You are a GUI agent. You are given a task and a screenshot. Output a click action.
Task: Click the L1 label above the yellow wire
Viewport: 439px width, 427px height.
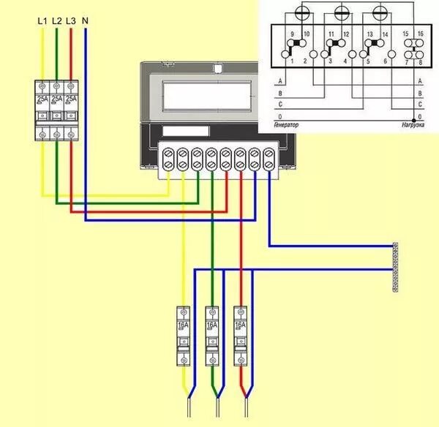pyautogui.click(x=42, y=21)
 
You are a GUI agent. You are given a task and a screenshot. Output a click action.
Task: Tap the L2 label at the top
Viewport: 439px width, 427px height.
pyautogui.click(x=56, y=21)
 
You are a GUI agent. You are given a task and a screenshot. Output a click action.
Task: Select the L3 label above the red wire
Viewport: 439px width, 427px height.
pyautogui.click(x=70, y=21)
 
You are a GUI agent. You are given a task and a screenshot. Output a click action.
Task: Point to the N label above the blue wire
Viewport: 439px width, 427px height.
pyautogui.click(x=86, y=21)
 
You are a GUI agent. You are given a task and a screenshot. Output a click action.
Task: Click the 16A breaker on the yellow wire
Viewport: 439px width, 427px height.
pyautogui.click(x=183, y=336)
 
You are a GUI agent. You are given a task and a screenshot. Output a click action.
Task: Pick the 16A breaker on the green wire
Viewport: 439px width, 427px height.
pyautogui.click(x=212, y=336)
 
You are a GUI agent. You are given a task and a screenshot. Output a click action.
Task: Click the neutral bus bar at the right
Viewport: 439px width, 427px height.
pyautogui.click(x=396, y=267)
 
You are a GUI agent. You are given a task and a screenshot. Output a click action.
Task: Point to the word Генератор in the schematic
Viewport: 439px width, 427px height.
pyautogui.click(x=286, y=126)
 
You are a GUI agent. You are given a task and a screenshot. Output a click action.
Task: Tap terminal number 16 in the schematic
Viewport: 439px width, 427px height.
pyautogui.click(x=421, y=34)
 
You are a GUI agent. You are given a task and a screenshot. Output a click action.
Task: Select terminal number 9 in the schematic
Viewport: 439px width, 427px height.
pyautogui.click(x=292, y=34)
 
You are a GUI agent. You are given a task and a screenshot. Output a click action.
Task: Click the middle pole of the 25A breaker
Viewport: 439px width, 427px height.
pyautogui.click(x=56, y=110)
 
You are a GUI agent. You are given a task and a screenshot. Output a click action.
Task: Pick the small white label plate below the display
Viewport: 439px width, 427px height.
pyautogui.click(x=179, y=132)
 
